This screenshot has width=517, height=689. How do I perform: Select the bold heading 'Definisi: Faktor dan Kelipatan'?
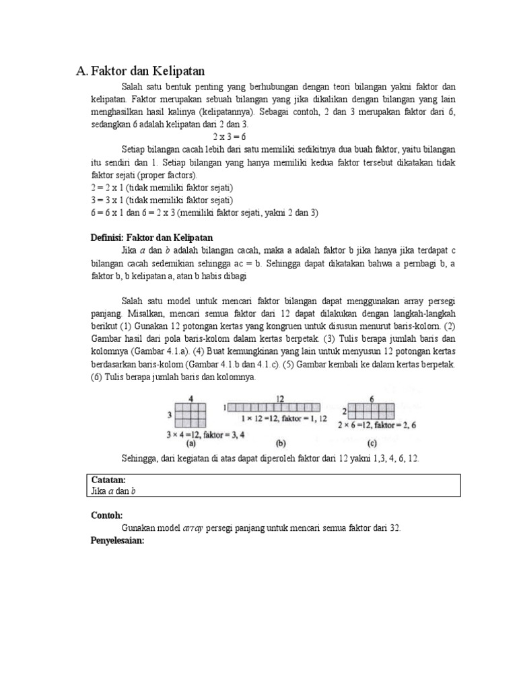151,238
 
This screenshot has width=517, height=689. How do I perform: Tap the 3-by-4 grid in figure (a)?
192,415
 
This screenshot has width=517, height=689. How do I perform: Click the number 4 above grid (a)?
192,398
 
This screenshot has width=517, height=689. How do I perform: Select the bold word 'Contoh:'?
106,515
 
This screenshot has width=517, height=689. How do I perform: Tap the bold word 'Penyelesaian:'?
118,540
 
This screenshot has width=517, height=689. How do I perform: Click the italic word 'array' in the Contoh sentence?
203,528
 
